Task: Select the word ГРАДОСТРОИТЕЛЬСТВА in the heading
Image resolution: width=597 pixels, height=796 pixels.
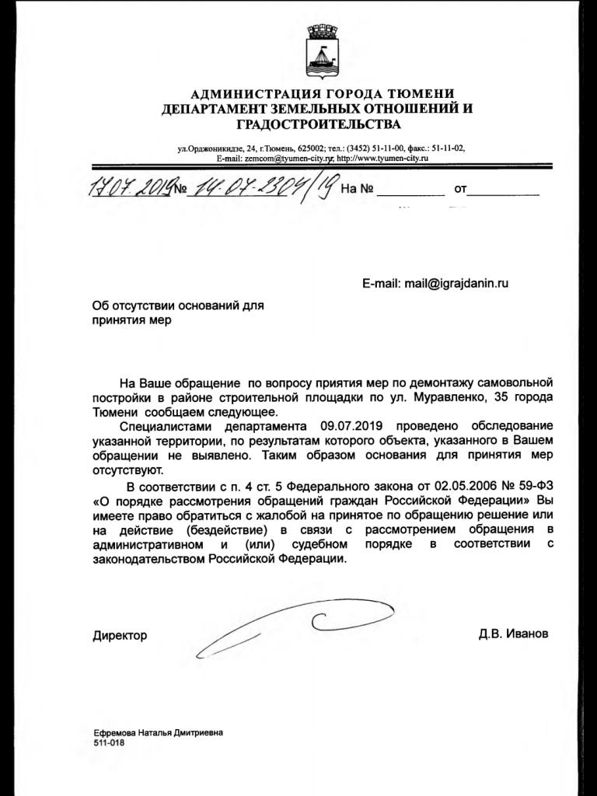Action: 318,124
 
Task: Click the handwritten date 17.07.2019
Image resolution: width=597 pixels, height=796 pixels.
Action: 129,189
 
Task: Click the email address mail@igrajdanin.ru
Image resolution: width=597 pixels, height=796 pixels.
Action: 456,284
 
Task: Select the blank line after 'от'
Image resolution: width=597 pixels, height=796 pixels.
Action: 505,190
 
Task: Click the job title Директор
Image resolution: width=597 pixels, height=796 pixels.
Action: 120,635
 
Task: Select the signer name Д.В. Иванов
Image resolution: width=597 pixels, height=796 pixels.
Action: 513,634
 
